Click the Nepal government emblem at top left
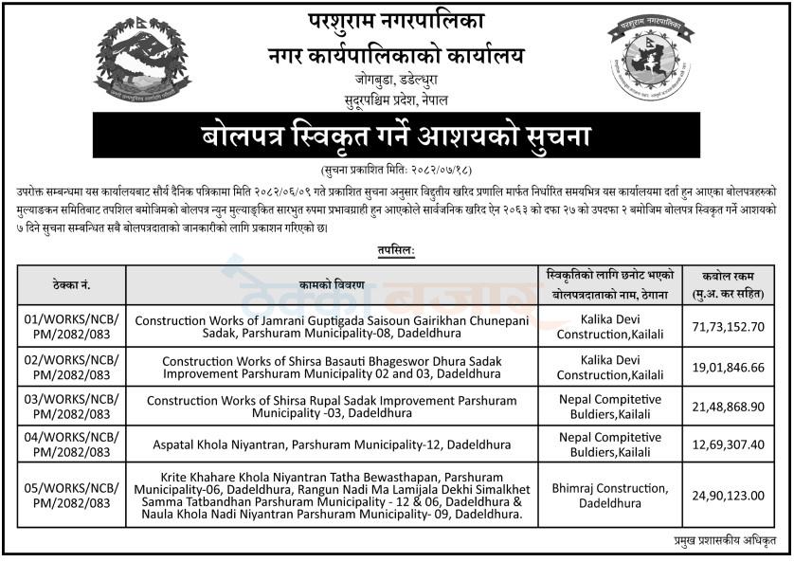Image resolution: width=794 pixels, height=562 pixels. click(x=141, y=60)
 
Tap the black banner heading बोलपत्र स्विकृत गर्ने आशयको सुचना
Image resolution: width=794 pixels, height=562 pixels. click(x=396, y=136)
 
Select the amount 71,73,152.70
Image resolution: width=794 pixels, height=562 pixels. click(x=728, y=327)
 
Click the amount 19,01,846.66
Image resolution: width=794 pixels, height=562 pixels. click(x=728, y=367)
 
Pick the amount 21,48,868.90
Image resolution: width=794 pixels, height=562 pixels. click(x=728, y=407)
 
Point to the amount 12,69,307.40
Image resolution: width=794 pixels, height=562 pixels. click(x=728, y=445)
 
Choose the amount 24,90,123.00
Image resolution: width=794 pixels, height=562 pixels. click(x=728, y=496)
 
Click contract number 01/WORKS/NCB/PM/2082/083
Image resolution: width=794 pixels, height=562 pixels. click(x=72, y=327)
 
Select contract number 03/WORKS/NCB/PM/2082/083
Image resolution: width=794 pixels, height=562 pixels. click(x=72, y=407)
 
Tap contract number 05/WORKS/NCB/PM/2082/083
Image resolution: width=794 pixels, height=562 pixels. click(x=72, y=496)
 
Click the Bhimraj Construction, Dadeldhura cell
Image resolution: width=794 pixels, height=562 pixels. click(x=610, y=496)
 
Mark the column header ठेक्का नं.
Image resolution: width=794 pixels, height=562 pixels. click(x=72, y=284)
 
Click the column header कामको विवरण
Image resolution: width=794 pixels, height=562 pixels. click(x=331, y=284)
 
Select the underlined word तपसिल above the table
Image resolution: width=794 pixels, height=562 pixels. click(x=395, y=251)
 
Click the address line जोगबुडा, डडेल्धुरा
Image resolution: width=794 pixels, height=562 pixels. click(x=397, y=82)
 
